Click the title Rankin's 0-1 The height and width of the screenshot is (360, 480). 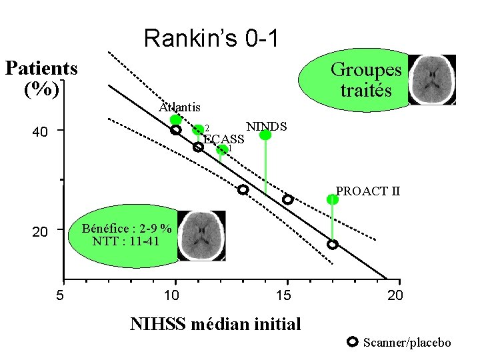[x=211, y=38]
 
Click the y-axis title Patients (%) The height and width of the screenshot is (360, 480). [x=41, y=79]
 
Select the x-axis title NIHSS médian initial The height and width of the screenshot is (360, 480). [x=215, y=324]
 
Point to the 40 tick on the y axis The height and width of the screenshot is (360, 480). [x=41, y=132]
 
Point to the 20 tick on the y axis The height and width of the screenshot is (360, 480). [x=41, y=232]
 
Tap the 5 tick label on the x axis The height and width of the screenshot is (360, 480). [x=60, y=295]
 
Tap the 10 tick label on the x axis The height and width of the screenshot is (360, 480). [x=173, y=295]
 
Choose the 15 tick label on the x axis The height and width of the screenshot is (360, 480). [x=284, y=295]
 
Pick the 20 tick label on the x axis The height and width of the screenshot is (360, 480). [x=395, y=295]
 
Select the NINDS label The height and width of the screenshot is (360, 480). [x=266, y=126]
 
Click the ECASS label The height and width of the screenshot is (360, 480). [x=223, y=139]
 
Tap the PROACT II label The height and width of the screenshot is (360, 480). [x=368, y=191]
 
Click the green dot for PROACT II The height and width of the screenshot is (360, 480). [x=332, y=199]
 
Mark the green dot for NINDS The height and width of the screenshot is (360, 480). [x=265, y=135]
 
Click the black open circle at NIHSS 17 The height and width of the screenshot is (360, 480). [x=332, y=245]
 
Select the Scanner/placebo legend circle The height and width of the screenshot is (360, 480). [x=353, y=343]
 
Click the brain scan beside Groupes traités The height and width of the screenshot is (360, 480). [x=431, y=79]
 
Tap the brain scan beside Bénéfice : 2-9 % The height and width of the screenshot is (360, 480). [x=201, y=236]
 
